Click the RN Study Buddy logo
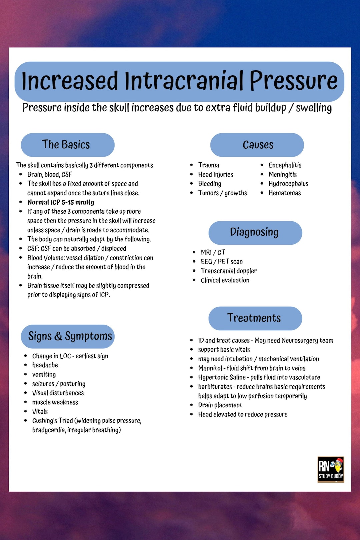click(330, 469)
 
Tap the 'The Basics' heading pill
click(68, 145)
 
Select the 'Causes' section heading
click(257, 145)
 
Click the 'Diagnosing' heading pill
click(255, 233)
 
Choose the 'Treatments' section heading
click(255, 318)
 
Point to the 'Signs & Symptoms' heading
click(68, 336)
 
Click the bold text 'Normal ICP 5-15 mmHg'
click(61, 202)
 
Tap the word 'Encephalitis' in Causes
click(285, 165)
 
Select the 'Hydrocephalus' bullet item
click(288, 184)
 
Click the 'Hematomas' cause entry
click(285, 193)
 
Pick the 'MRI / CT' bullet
click(213, 252)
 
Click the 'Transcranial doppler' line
click(229, 271)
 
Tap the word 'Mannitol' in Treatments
click(210, 368)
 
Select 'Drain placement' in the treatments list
click(220, 405)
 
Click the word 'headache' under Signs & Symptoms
click(45, 365)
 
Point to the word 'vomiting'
click(44, 375)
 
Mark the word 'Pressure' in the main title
click(293, 81)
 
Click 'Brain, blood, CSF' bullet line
click(49, 175)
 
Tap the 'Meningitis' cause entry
click(282, 175)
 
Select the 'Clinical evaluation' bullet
click(225, 280)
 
